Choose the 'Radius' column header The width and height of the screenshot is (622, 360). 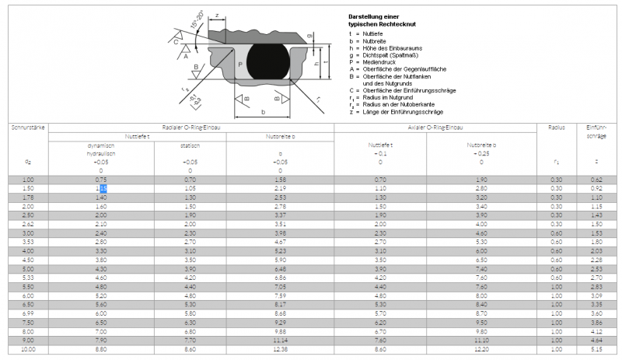tap(556, 127)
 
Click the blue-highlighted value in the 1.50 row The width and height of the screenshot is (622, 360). tap(102, 188)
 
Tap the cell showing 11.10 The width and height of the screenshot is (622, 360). tap(482, 340)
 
